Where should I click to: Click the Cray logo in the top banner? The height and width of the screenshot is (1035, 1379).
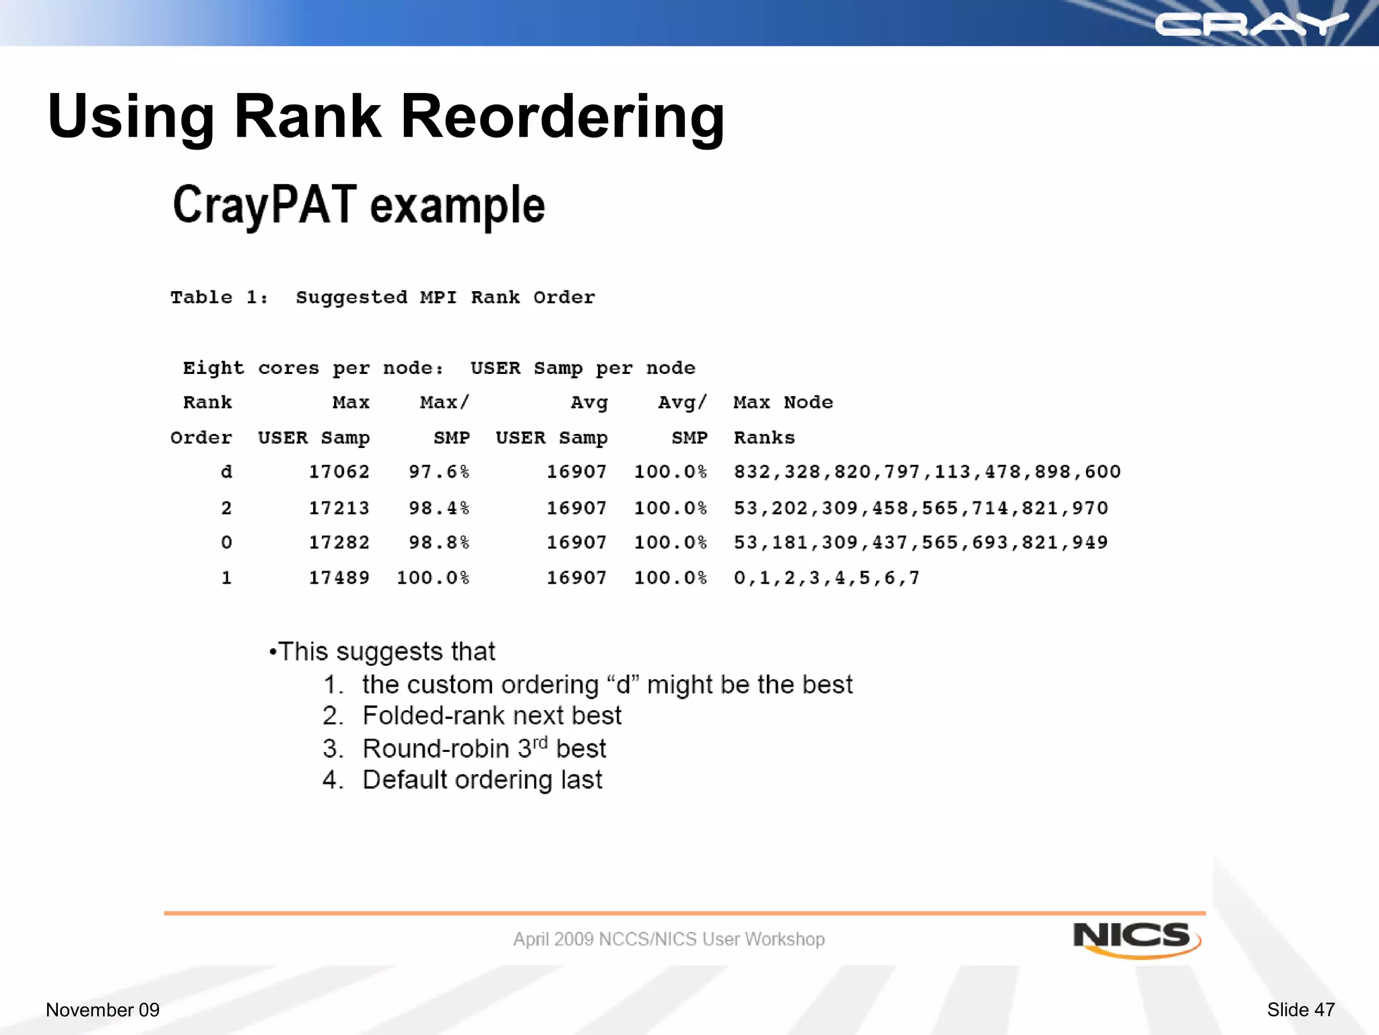pos(1251,25)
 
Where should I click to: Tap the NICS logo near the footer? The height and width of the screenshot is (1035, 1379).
pos(1135,938)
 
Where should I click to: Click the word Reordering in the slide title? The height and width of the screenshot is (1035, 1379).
pos(562,117)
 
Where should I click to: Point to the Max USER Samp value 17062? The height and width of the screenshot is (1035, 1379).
pos(339,472)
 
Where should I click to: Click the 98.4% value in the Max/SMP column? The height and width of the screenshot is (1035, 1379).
pos(438,508)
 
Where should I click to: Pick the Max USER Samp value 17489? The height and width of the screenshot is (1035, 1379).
pos(339,578)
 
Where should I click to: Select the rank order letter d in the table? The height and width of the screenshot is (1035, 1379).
pos(226,472)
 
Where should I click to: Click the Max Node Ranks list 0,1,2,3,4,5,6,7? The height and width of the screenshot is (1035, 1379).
pos(826,578)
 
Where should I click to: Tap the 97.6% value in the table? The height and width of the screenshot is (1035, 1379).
pos(438,472)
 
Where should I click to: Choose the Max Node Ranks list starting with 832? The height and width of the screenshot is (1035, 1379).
pos(927,472)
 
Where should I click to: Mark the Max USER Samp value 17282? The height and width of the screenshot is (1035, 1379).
pos(339,542)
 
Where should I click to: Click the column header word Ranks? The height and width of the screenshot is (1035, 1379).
pos(764,438)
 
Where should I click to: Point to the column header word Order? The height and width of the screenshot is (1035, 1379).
pos(201,438)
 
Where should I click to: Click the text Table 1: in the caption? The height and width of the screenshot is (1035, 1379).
pos(219,298)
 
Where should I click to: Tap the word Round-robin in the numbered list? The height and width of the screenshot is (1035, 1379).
pos(436,749)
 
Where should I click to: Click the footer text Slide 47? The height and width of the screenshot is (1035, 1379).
pos(1300,1009)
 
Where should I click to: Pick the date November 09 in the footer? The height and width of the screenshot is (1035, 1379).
pos(102,1009)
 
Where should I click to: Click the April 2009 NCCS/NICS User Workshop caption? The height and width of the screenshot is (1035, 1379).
pos(669,939)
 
